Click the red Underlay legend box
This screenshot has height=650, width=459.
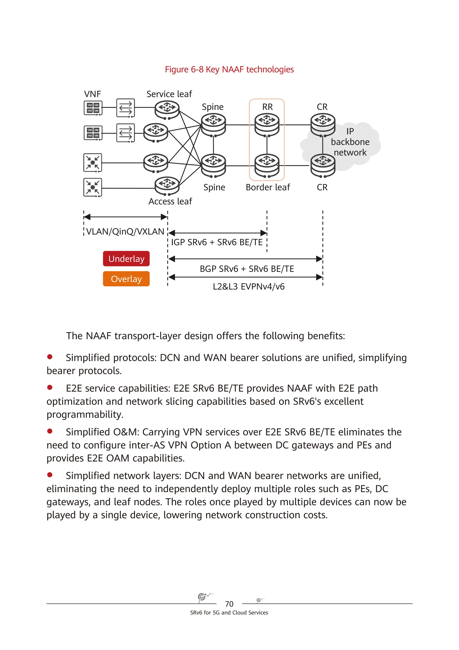coord(126,259)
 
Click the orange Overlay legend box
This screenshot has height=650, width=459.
coord(126,279)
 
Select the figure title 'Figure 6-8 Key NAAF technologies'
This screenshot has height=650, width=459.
coord(229,69)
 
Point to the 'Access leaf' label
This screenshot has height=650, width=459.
coord(170,201)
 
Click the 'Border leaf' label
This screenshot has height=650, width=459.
coord(268,187)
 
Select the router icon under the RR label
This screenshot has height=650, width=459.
coord(267,124)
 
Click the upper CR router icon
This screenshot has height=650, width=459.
coord(323,124)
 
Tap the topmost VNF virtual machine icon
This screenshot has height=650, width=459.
coord(93,108)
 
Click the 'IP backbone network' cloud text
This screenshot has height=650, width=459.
coord(350,142)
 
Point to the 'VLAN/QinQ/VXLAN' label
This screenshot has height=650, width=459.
coord(125,232)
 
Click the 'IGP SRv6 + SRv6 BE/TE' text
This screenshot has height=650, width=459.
coord(217,242)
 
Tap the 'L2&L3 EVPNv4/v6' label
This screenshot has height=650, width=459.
coord(249,287)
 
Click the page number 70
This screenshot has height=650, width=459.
coord(229,604)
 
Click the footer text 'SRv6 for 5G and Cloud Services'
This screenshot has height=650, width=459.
coord(229,613)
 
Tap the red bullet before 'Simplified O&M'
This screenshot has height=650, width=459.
coord(50,431)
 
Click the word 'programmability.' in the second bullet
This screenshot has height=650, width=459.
coord(85,415)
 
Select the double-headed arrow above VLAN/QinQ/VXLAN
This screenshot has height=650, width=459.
coord(126,217)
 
